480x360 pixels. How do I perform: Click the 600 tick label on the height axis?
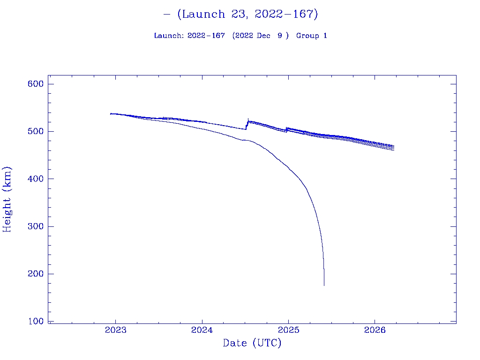36,84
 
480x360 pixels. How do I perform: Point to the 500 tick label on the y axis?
36,131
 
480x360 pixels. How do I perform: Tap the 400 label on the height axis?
36,179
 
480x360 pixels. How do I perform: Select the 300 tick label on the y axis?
36,226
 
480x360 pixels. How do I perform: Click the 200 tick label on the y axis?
36,274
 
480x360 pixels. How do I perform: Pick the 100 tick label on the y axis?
36,322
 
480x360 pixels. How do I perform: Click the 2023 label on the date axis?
115,330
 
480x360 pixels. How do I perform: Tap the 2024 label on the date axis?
202,330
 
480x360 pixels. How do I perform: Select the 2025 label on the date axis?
288,330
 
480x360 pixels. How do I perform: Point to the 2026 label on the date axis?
375,330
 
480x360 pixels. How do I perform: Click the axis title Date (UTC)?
252,343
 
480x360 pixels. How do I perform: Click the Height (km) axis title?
7,199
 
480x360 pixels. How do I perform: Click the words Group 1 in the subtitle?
312,36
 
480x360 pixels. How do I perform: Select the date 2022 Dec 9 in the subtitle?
260,36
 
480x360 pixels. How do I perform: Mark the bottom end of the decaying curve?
324,285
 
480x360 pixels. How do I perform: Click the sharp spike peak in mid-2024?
248,119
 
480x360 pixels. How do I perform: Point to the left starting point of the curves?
111,113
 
